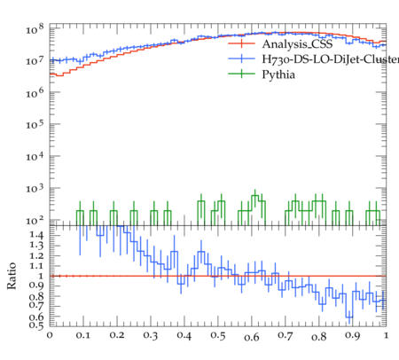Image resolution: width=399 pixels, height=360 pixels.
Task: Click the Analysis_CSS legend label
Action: point(297,44)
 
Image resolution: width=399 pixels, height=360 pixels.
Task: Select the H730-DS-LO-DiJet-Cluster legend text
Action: point(331,59)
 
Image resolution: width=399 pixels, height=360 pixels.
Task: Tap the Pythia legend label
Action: point(278,74)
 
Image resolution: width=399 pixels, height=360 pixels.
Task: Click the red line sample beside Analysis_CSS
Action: point(241,43)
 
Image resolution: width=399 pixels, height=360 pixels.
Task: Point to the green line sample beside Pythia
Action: point(241,74)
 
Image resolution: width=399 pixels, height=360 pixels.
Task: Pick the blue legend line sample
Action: point(241,59)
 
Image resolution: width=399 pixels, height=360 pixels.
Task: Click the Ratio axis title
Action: point(12,276)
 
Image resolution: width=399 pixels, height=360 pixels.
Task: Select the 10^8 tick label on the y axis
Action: point(35,29)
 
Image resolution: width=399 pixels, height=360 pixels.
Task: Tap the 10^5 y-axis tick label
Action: point(35,124)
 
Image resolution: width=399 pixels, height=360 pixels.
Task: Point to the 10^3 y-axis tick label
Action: point(35,188)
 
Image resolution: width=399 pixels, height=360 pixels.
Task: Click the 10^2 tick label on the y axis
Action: point(35,221)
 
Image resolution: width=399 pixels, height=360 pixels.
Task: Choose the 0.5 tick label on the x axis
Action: point(218,335)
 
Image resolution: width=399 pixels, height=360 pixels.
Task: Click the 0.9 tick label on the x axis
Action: point(352,335)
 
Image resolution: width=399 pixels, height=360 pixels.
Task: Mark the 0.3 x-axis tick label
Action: point(151,335)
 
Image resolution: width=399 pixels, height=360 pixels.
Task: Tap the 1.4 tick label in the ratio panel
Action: point(36,235)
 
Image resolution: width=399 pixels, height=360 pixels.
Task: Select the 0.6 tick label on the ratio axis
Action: point(36,317)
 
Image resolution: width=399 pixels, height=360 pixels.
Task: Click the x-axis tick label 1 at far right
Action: point(386,335)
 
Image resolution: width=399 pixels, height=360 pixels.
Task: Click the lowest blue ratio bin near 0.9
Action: point(349,317)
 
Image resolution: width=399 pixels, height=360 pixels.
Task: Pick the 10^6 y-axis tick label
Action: point(35,93)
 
